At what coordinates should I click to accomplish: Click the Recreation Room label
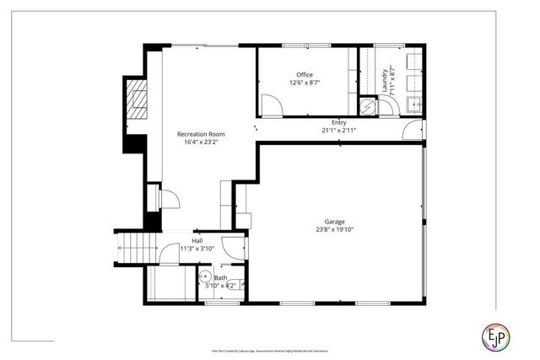pyautogui.click(x=201, y=134)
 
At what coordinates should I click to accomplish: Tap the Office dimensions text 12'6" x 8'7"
pyautogui.click(x=305, y=83)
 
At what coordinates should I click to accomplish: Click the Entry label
pyautogui.click(x=339, y=122)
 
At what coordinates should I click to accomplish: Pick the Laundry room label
pyautogui.click(x=385, y=80)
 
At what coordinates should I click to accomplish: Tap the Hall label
pyautogui.click(x=197, y=240)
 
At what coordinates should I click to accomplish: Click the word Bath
pyautogui.click(x=220, y=277)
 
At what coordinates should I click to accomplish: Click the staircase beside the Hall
pyautogui.click(x=138, y=247)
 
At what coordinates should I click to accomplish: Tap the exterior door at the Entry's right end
pyautogui.click(x=413, y=131)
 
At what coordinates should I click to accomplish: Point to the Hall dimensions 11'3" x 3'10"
pyautogui.click(x=197, y=249)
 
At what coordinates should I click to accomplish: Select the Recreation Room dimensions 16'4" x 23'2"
pyautogui.click(x=201, y=142)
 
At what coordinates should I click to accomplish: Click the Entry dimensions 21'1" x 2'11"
pyautogui.click(x=339, y=131)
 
